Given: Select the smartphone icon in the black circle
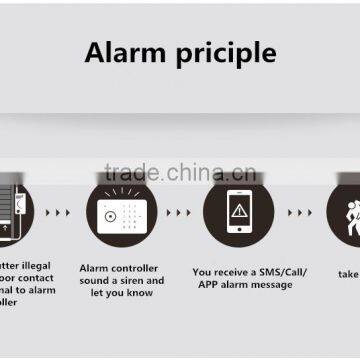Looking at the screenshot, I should [x=238, y=212].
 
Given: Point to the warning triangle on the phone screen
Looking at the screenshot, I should [x=238, y=210].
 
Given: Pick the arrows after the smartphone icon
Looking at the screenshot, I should [x=299, y=213].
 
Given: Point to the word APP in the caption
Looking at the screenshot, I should [x=206, y=285].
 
